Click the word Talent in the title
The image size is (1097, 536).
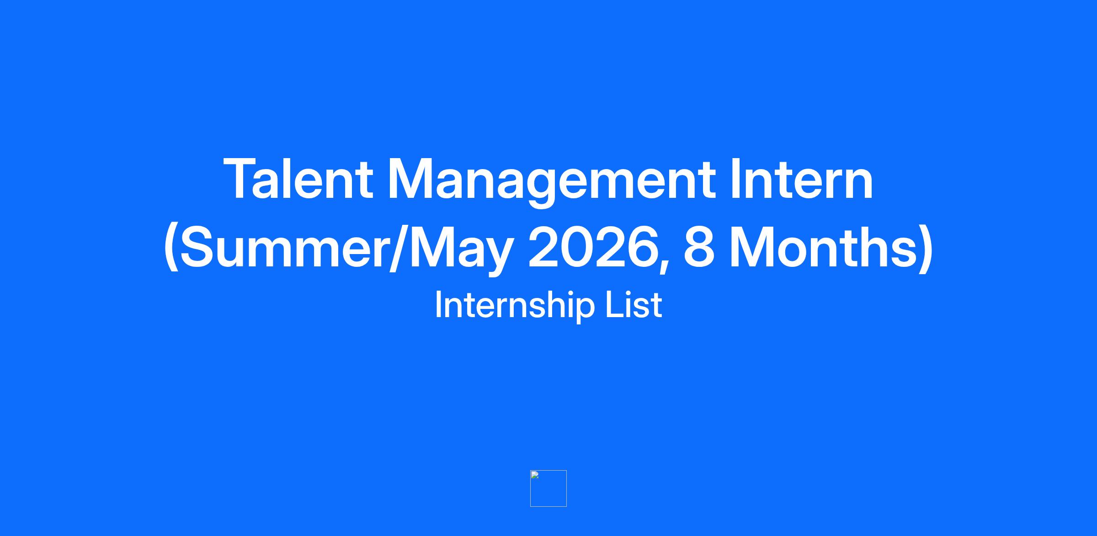tap(298, 179)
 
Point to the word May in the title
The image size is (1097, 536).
tap(459, 251)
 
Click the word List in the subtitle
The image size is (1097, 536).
tap(634, 304)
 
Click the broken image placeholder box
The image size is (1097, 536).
tap(548, 488)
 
